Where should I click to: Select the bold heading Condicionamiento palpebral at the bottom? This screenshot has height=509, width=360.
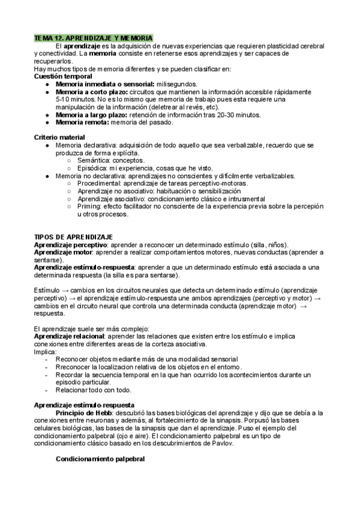pos(100,459)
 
